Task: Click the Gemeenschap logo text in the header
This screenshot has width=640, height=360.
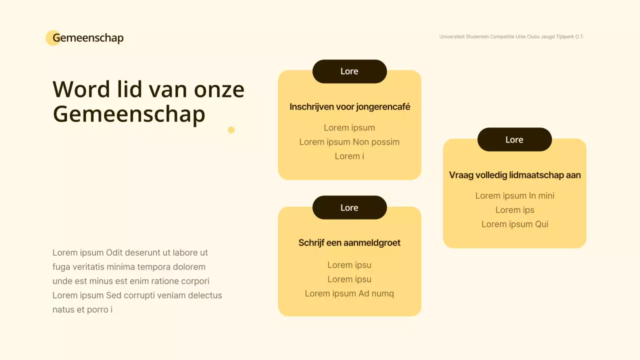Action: click(88, 38)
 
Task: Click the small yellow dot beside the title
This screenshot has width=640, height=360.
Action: click(231, 130)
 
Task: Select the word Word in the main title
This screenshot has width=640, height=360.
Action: click(81, 89)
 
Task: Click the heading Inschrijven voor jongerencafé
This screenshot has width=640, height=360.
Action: click(349, 106)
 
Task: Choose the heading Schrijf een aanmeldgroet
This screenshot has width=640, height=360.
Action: click(349, 243)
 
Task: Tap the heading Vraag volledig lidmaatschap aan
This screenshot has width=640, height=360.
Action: click(514, 175)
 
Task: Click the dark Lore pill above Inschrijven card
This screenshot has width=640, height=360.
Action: click(349, 71)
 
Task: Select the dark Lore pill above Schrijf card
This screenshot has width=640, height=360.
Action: click(349, 207)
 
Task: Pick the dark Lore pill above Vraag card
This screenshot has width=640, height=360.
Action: click(514, 139)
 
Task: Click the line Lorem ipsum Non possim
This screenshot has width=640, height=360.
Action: click(349, 142)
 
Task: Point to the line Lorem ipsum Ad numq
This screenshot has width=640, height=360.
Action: click(349, 293)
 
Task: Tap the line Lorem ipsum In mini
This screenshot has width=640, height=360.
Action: click(514, 195)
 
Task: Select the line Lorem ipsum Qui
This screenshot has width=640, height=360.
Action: click(514, 224)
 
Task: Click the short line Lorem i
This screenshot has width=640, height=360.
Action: click(349, 156)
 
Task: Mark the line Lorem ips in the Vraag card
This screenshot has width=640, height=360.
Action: click(514, 210)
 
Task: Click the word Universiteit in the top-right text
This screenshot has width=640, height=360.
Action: click(452, 37)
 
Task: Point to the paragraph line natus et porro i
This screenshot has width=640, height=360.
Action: click(82, 309)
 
